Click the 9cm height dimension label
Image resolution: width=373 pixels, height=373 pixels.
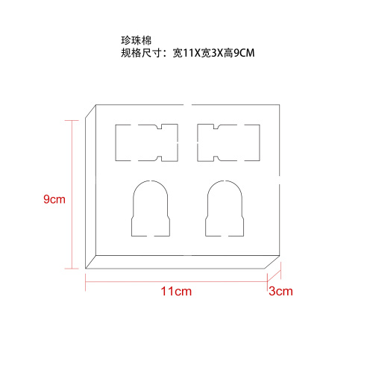(54, 199)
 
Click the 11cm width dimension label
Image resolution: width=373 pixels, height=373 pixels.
(176, 291)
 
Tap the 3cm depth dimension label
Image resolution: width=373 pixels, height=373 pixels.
(280, 291)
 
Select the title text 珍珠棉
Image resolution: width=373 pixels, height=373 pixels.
(137, 40)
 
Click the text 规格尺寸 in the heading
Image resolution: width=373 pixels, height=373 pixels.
(142, 53)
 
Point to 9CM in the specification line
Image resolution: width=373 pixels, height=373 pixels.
(244, 53)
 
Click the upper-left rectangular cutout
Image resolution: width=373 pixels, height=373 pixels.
(147, 142)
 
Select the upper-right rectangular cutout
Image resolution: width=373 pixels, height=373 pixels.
(228, 142)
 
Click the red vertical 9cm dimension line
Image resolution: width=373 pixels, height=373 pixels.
(72, 195)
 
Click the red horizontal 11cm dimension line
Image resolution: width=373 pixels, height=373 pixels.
(176, 282)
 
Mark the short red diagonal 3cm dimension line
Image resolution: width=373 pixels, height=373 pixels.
(274, 276)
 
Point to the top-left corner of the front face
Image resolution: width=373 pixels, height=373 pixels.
(96, 105)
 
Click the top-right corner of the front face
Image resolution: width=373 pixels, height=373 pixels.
(280, 105)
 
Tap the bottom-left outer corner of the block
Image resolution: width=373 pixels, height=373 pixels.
(86, 269)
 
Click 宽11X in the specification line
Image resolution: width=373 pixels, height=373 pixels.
(186, 53)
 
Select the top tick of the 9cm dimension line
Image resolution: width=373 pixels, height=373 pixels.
(72, 121)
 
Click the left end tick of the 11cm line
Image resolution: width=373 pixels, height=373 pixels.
(86, 282)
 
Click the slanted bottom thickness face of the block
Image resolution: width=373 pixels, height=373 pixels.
(183, 262)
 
